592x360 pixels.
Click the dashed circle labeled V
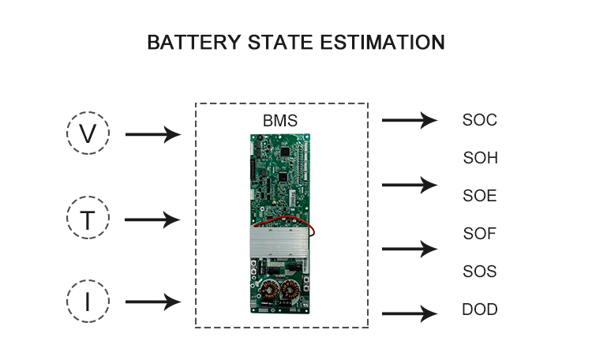[x=88, y=134]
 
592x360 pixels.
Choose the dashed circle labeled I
[x=88, y=302]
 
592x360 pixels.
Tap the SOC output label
[x=480, y=121]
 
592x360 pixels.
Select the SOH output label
[x=480, y=158]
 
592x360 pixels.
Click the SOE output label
[x=480, y=196]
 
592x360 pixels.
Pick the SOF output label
[x=480, y=234]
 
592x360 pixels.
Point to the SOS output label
[x=480, y=272]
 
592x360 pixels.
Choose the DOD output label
[x=480, y=309]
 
